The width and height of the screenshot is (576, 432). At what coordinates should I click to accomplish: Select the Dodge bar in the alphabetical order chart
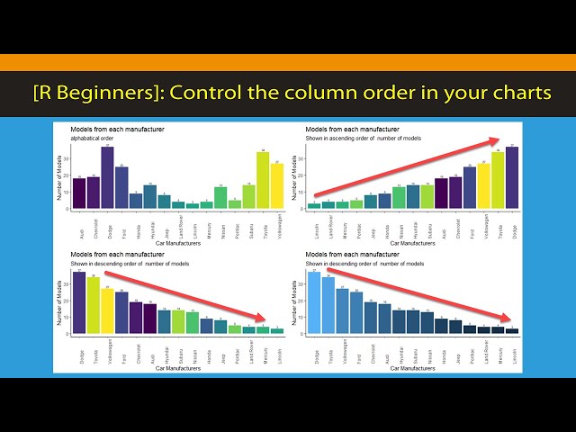107,177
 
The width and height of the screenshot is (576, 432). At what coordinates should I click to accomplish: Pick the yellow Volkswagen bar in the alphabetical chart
277,185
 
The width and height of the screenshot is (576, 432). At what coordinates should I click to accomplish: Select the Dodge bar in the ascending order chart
512,177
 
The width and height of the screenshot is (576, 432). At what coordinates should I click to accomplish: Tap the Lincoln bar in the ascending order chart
313,205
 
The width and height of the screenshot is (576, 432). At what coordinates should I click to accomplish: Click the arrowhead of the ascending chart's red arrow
498,139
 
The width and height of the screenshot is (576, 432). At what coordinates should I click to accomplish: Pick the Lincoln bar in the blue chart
512,330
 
